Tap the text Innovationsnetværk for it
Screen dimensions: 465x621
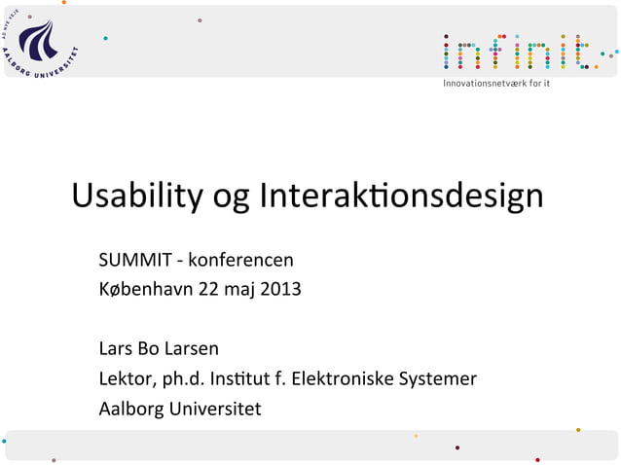pyautogui.click(x=496, y=85)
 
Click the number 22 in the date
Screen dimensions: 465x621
pyautogui.click(x=208, y=290)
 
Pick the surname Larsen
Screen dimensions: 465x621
pyautogui.click(x=194, y=348)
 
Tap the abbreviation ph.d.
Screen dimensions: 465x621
pyautogui.click(x=179, y=378)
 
